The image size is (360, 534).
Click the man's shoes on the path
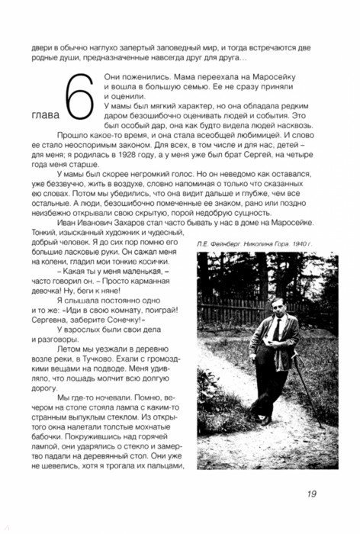[x=263, y=418]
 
